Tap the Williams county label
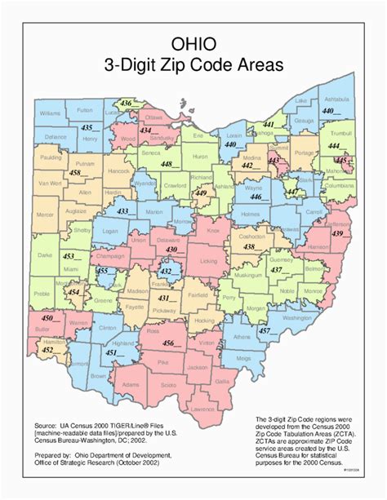tap(50, 113)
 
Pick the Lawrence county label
tap(202, 408)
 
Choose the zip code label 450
tap(48, 317)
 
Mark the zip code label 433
tap(124, 211)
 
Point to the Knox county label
tap(214, 232)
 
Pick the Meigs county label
tap(244, 357)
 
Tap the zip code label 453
tap(72, 256)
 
